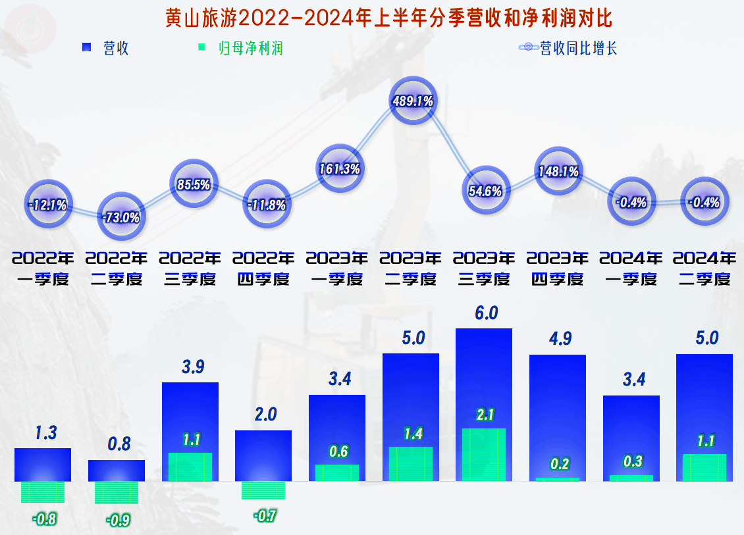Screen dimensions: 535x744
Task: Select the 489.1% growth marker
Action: click(x=412, y=101)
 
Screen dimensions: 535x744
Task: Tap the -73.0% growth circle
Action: click(x=120, y=217)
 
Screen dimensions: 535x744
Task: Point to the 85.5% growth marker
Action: click(x=194, y=184)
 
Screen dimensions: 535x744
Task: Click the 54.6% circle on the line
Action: click(x=486, y=191)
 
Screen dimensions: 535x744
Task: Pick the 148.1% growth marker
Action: click(x=559, y=172)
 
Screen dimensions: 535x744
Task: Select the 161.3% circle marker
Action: click(x=339, y=168)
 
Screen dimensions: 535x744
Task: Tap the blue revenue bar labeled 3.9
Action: click(x=190, y=415)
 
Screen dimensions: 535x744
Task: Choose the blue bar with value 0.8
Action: click(x=117, y=470)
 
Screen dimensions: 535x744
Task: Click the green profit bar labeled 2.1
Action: click(x=484, y=454)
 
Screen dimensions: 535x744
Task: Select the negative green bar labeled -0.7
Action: click(x=263, y=490)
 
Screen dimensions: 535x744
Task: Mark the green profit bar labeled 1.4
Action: click(x=411, y=464)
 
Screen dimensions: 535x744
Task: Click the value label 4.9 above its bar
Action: click(x=560, y=339)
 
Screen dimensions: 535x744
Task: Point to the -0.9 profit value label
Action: click(x=119, y=520)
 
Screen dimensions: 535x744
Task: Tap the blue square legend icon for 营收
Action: click(x=86, y=48)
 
